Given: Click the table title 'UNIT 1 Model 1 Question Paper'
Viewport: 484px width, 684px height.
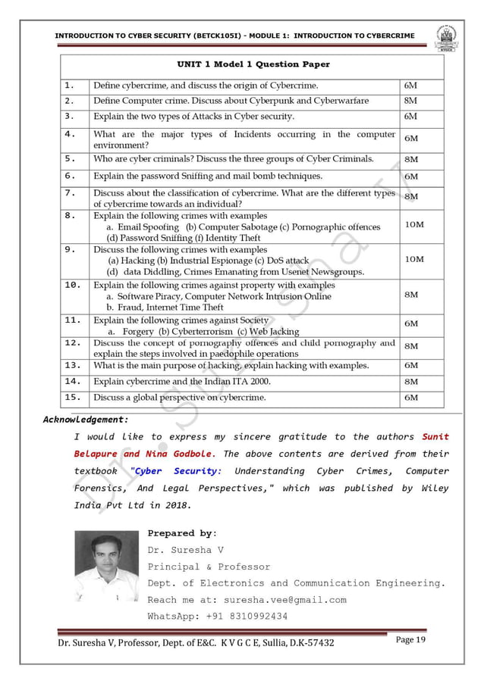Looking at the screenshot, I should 253,64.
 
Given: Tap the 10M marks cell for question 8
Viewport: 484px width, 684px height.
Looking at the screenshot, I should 414,225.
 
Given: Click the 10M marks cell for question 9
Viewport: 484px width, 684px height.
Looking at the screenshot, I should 414,259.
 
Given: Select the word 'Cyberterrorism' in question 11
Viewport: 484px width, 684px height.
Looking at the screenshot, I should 197,331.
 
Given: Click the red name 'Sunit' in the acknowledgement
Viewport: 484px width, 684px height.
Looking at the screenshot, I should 435,436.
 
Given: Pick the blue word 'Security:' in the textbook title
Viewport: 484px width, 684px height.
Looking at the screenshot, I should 197,471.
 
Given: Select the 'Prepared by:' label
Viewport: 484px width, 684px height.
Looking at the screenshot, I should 182,533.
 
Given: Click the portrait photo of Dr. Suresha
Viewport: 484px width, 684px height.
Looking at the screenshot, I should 106,566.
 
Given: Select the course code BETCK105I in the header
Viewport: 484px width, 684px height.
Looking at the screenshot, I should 201,36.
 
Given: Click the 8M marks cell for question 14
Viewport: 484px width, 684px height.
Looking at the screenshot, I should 411,382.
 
